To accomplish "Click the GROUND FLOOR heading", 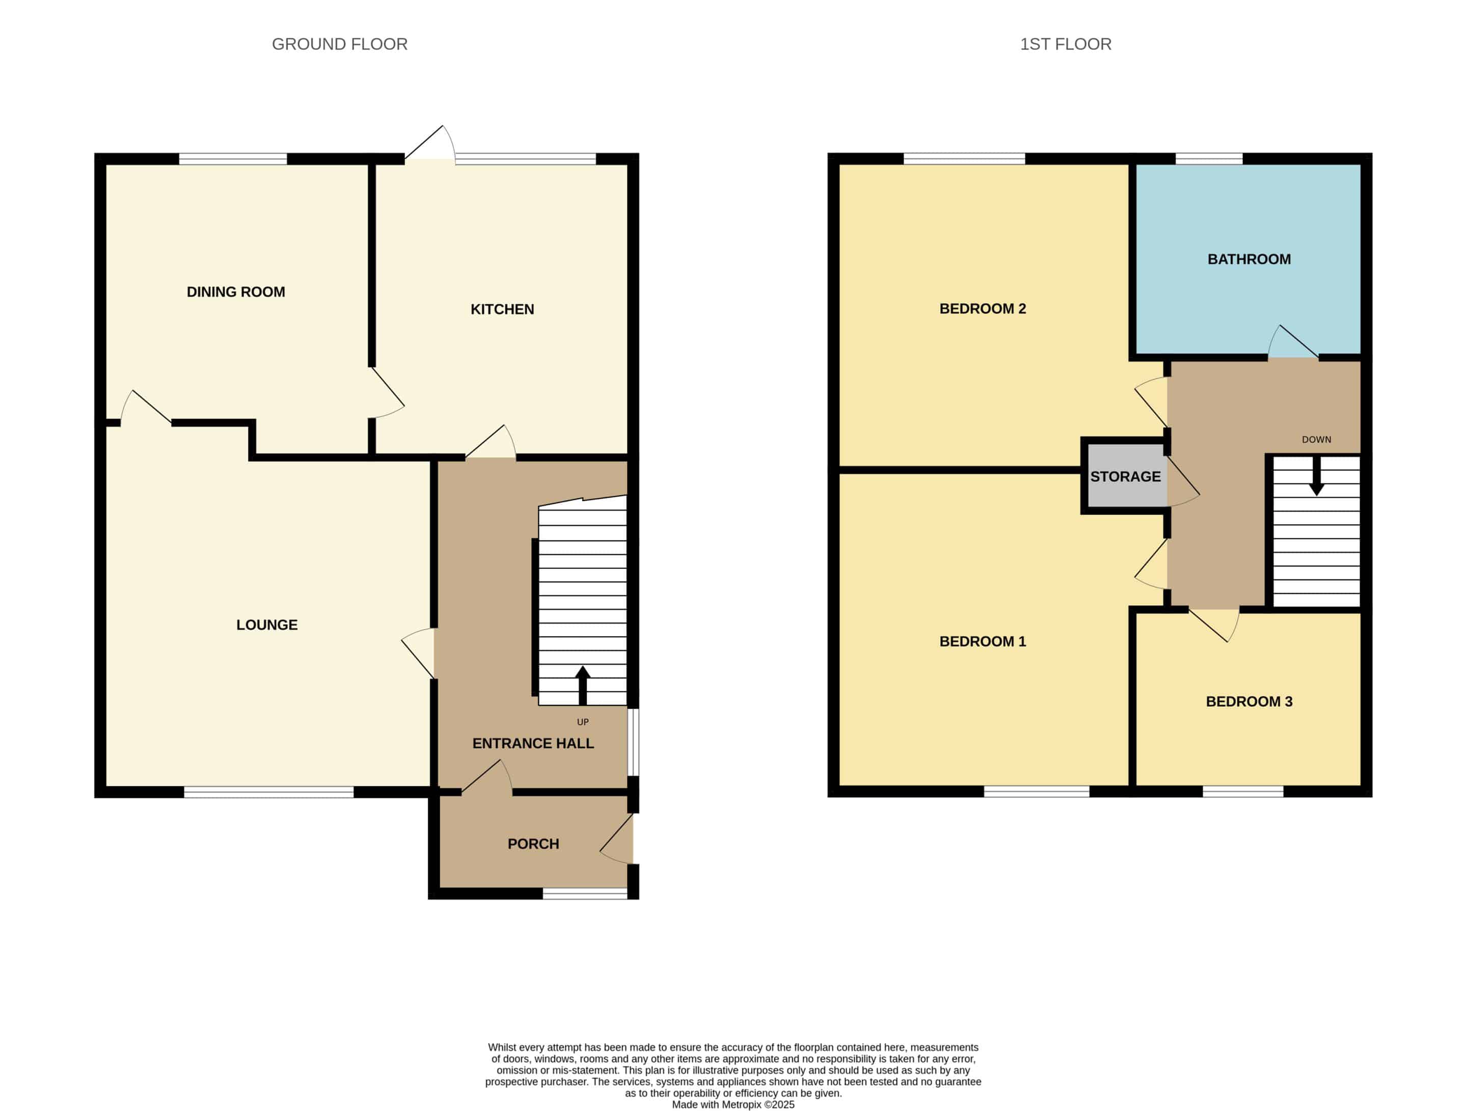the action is pyautogui.click(x=340, y=44).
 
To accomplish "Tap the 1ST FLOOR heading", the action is pyautogui.click(x=1066, y=44).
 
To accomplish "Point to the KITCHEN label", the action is pyautogui.click(x=502, y=309).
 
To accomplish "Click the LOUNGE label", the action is pyautogui.click(x=266, y=625).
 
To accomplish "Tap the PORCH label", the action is pyautogui.click(x=533, y=844).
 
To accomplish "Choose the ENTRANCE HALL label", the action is pyautogui.click(x=533, y=744).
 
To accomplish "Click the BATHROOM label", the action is pyautogui.click(x=1249, y=259).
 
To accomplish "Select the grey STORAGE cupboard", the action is pyautogui.click(x=1125, y=476).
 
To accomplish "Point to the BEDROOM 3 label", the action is pyautogui.click(x=1249, y=702).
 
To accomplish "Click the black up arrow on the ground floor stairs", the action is pyautogui.click(x=582, y=685).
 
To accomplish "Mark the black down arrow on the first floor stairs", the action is pyautogui.click(x=1316, y=476).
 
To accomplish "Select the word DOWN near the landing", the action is pyautogui.click(x=1316, y=440).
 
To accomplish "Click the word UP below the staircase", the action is pyautogui.click(x=582, y=722).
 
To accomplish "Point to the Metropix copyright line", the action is pyautogui.click(x=733, y=1104).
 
